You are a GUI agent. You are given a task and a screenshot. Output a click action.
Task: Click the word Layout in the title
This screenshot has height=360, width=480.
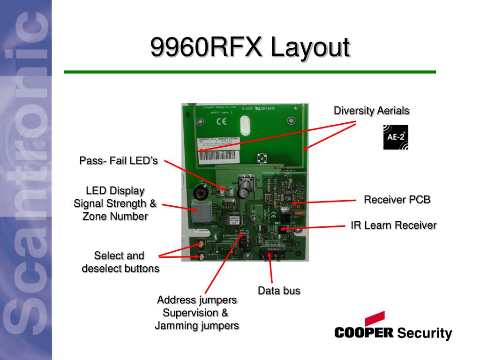(310, 49)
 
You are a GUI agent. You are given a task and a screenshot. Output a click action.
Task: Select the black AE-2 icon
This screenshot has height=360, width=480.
(396, 137)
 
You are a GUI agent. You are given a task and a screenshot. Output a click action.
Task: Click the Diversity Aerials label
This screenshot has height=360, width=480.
(372, 111)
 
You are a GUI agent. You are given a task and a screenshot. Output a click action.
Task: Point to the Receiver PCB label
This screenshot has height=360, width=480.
(397, 200)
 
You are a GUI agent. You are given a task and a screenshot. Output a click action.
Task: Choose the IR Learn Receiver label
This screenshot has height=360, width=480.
(394, 225)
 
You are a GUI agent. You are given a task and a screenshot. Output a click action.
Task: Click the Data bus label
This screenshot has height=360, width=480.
(279, 291)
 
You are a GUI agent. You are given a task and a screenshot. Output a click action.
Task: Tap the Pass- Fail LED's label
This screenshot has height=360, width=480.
(119, 161)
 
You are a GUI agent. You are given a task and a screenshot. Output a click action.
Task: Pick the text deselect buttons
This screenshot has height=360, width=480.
(120, 269)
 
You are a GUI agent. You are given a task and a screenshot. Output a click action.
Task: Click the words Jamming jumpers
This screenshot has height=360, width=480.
(197, 325)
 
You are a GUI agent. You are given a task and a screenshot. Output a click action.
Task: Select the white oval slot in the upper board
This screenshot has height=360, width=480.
(246, 126)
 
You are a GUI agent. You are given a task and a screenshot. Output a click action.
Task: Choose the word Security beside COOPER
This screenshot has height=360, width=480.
(424, 334)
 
